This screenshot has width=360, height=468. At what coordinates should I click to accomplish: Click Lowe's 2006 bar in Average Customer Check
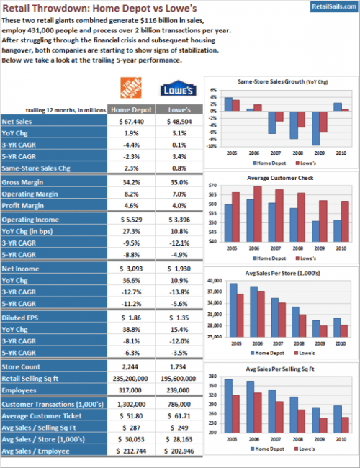[x=257, y=215]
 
